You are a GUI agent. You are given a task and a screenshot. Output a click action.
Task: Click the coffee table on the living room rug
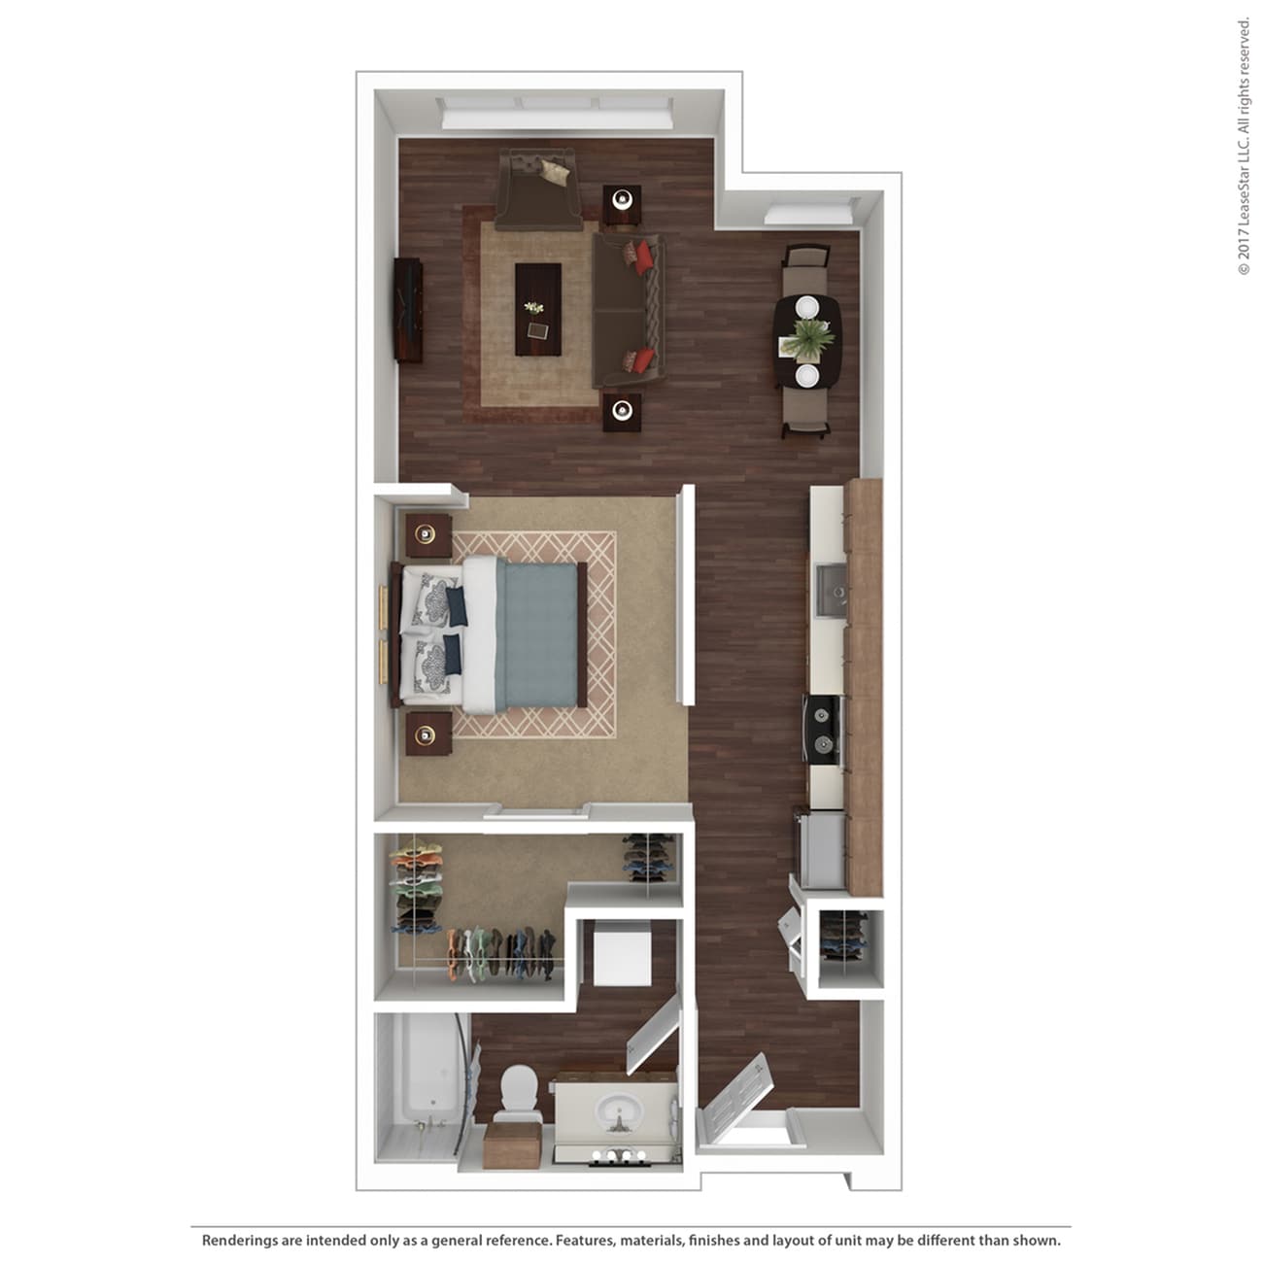pyautogui.click(x=537, y=309)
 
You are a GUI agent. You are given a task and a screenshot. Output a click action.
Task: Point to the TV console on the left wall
pyautogui.click(x=408, y=310)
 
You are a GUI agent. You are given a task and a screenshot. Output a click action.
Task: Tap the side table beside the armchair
pyautogui.click(x=622, y=202)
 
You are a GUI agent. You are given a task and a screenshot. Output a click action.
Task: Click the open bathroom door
pyautogui.click(x=653, y=1039)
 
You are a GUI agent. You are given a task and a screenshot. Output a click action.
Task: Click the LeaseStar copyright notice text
pyautogui.click(x=1244, y=146)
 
